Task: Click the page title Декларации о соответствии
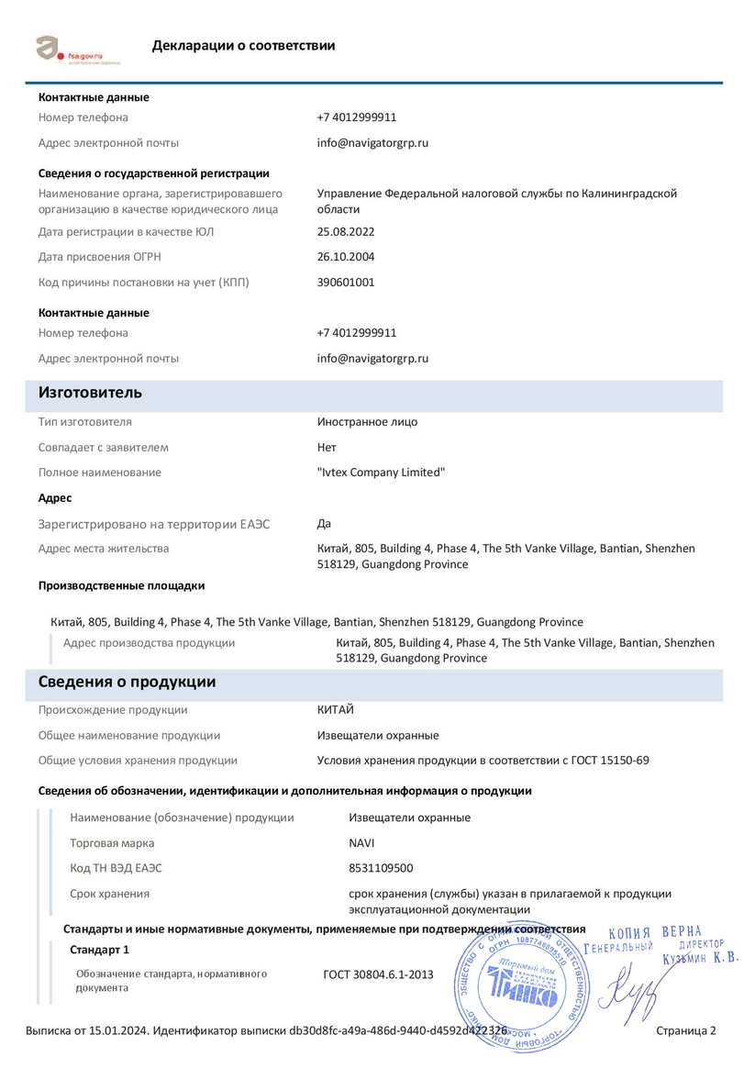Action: coord(243,46)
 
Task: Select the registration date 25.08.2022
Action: coord(346,232)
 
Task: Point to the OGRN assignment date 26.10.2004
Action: coord(346,257)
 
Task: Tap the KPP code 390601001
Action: coord(346,283)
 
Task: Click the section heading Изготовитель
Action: coord(90,394)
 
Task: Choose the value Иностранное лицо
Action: coord(367,422)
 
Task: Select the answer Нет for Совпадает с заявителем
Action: coord(327,448)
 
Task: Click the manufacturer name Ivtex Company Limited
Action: coord(381,473)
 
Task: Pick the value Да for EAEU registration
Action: coord(324,524)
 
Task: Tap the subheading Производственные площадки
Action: coord(121,585)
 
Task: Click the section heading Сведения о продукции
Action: coord(127,683)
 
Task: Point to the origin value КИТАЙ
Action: coord(335,710)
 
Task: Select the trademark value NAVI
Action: coord(361,843)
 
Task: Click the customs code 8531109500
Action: coord(381,868)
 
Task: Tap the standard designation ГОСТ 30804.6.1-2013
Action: coord(378,974)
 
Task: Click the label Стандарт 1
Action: coord(99,950)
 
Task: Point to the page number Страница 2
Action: coord(686,1031)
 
